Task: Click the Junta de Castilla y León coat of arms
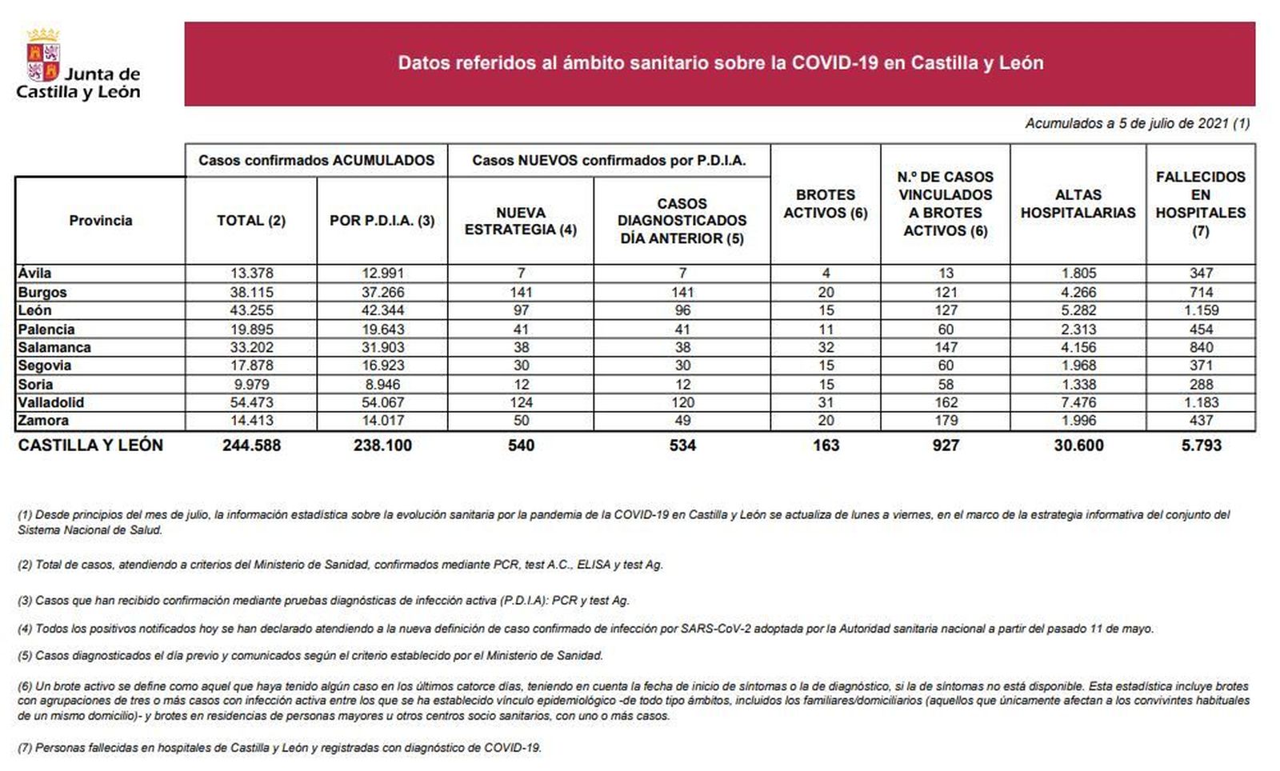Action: pos(43,57)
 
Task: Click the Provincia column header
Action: pos(100,221)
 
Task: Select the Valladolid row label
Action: pos(50,402)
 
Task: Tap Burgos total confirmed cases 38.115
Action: pos(251,293)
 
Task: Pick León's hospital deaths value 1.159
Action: pos(1201,310)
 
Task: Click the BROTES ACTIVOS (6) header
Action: pos(826,204)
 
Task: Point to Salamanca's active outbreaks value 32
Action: pos(826,347)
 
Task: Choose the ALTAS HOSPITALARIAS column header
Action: pos(1078,204)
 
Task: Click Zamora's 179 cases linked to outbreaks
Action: pos(946,421)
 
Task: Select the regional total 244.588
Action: pos(251,445)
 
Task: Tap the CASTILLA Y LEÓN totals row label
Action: pos(90,445)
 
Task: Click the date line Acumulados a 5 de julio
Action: pos(1137,124)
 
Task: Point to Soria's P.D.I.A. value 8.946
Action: pos(382,384)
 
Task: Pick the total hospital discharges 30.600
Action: pos(1078,445)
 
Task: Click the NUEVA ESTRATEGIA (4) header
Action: pos(521,221)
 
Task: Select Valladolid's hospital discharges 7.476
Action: pos(1078,402)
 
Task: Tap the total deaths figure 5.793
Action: pos(1201,445)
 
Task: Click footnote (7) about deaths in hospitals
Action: pos(279,749)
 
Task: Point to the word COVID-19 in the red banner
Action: pos(834,63)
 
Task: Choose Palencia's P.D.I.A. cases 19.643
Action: pos(382,330)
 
